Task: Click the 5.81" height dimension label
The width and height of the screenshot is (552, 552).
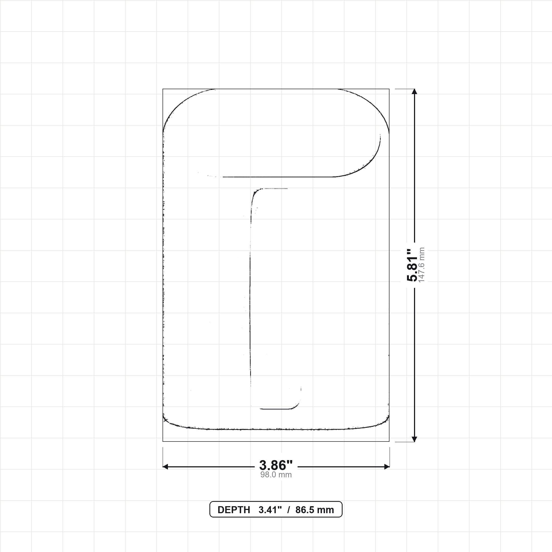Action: pyautogui.click(x=412, y=265)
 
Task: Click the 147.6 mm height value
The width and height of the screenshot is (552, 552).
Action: pyautogui.click(x=422, y=265)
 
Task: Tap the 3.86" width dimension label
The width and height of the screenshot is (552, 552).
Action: pyautogui.click(x=276, y=465)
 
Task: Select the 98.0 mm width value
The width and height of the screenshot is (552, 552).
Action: pyautogui.click(x=276, y=475)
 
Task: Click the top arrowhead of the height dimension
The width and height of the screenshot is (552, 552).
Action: pyautogui.click(x=415, y=91)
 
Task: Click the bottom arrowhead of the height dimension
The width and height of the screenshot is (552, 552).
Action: pyautogui.click(x=415, y=439)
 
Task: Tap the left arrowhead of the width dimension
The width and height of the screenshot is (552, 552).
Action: pyautogui.click(x=165, y=467)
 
